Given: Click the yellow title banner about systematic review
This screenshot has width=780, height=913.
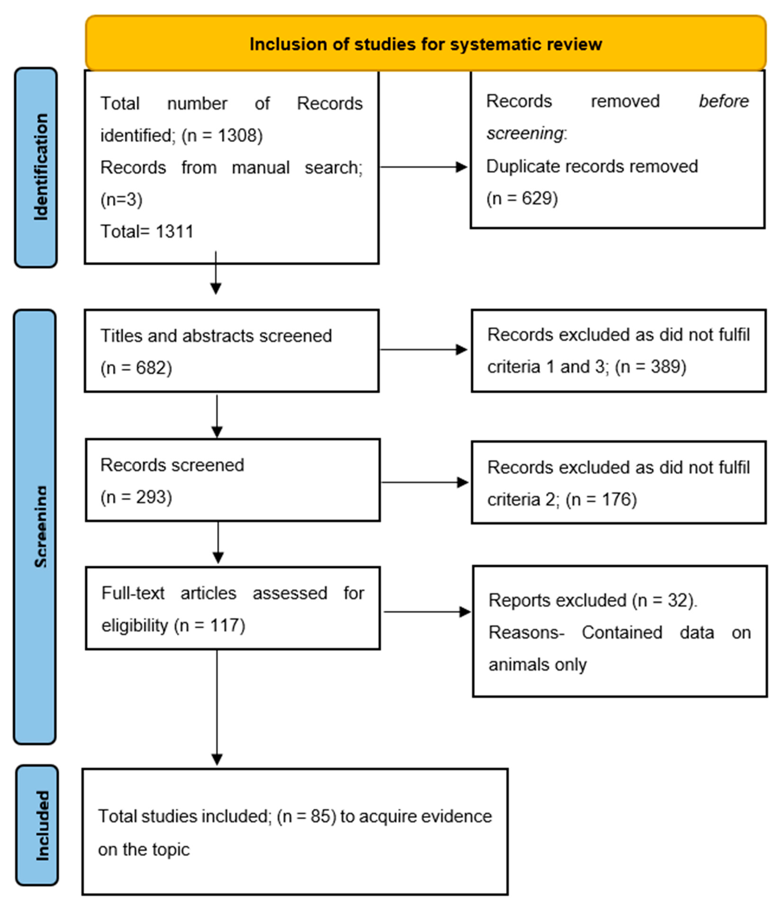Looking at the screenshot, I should (425, 44).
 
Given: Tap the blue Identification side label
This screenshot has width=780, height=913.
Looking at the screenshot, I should (36, 167).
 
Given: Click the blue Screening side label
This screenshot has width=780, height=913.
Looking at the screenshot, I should (35, 526).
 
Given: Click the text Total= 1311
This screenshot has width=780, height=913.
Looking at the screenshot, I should (147, 231).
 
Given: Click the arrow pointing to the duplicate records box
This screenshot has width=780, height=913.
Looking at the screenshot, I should (423, 167).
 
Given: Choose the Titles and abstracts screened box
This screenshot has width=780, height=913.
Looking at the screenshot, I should (231, 351).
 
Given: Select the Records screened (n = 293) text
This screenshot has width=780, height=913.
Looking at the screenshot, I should (172, 480).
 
